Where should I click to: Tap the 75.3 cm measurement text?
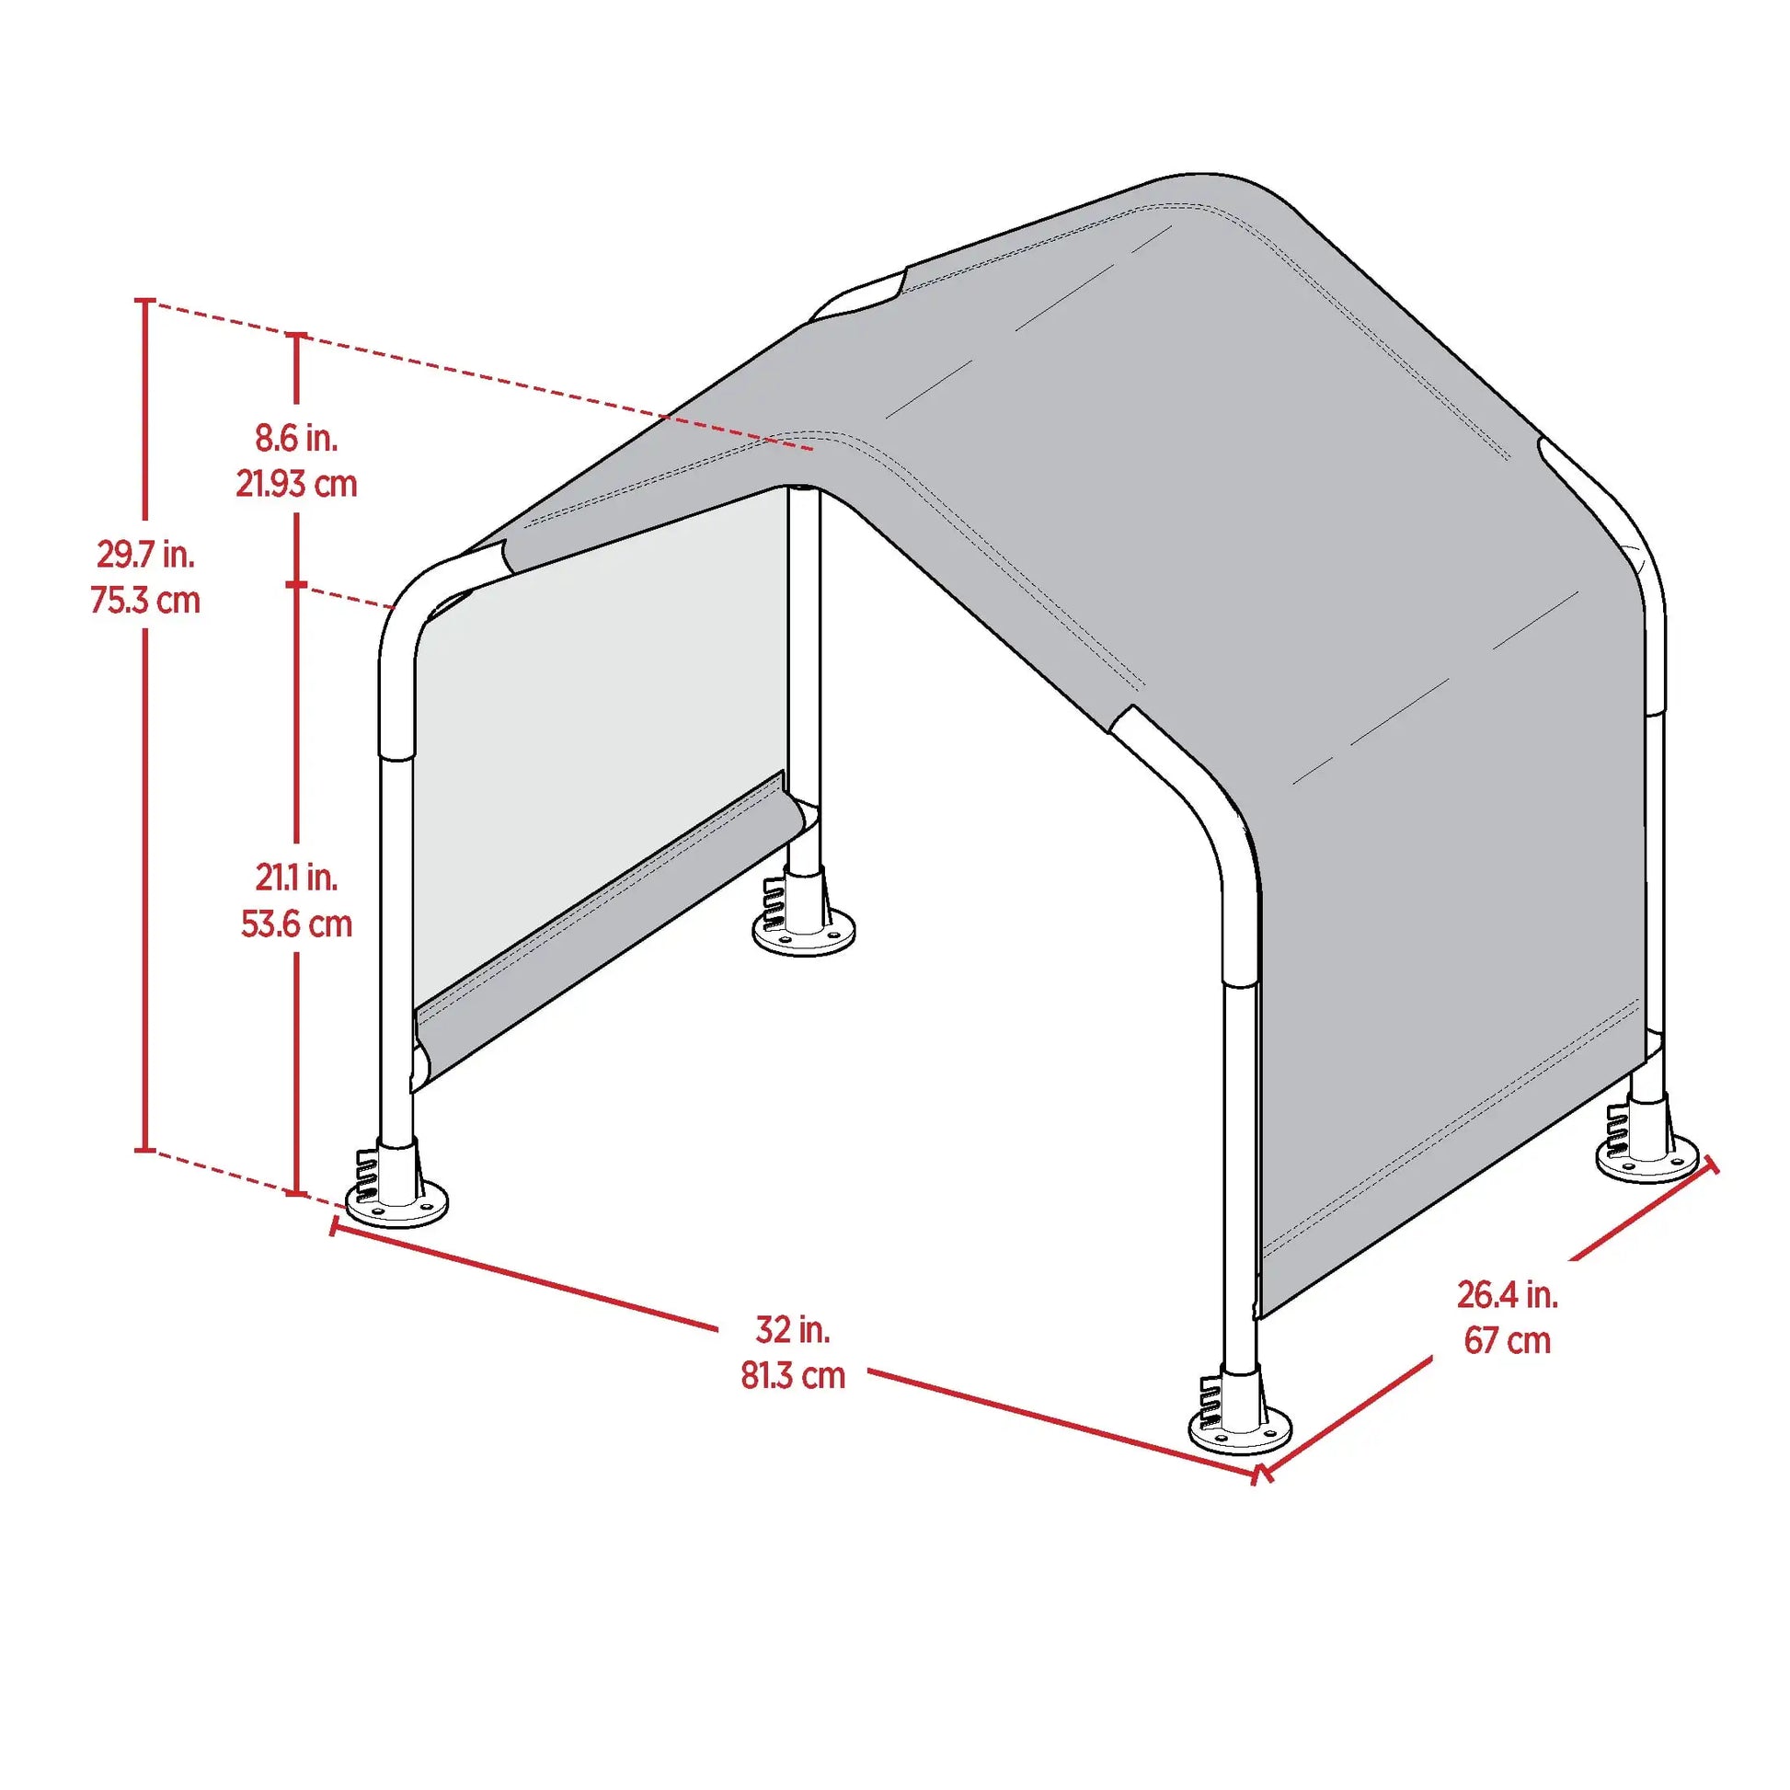tap(145, 601)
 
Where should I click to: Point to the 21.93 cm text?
tap(296, 484)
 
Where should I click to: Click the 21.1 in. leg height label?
tap(296, 878)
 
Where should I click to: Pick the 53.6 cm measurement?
tap(296, 924)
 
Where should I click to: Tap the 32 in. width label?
tap(793, 1329)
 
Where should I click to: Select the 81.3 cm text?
tap(793, 1376)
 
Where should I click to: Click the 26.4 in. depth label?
tap(1508, 1294)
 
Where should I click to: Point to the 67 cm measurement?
tap(1508, 1340)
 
